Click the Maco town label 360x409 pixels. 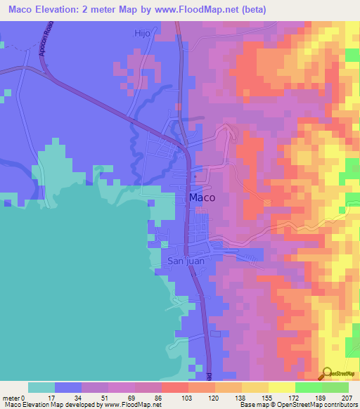[x=202, y=198]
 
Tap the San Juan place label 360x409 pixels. [x=186, y=261]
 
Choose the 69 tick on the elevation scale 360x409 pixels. [x=108, y=398]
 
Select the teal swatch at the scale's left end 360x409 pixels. [x=41, y=387]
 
